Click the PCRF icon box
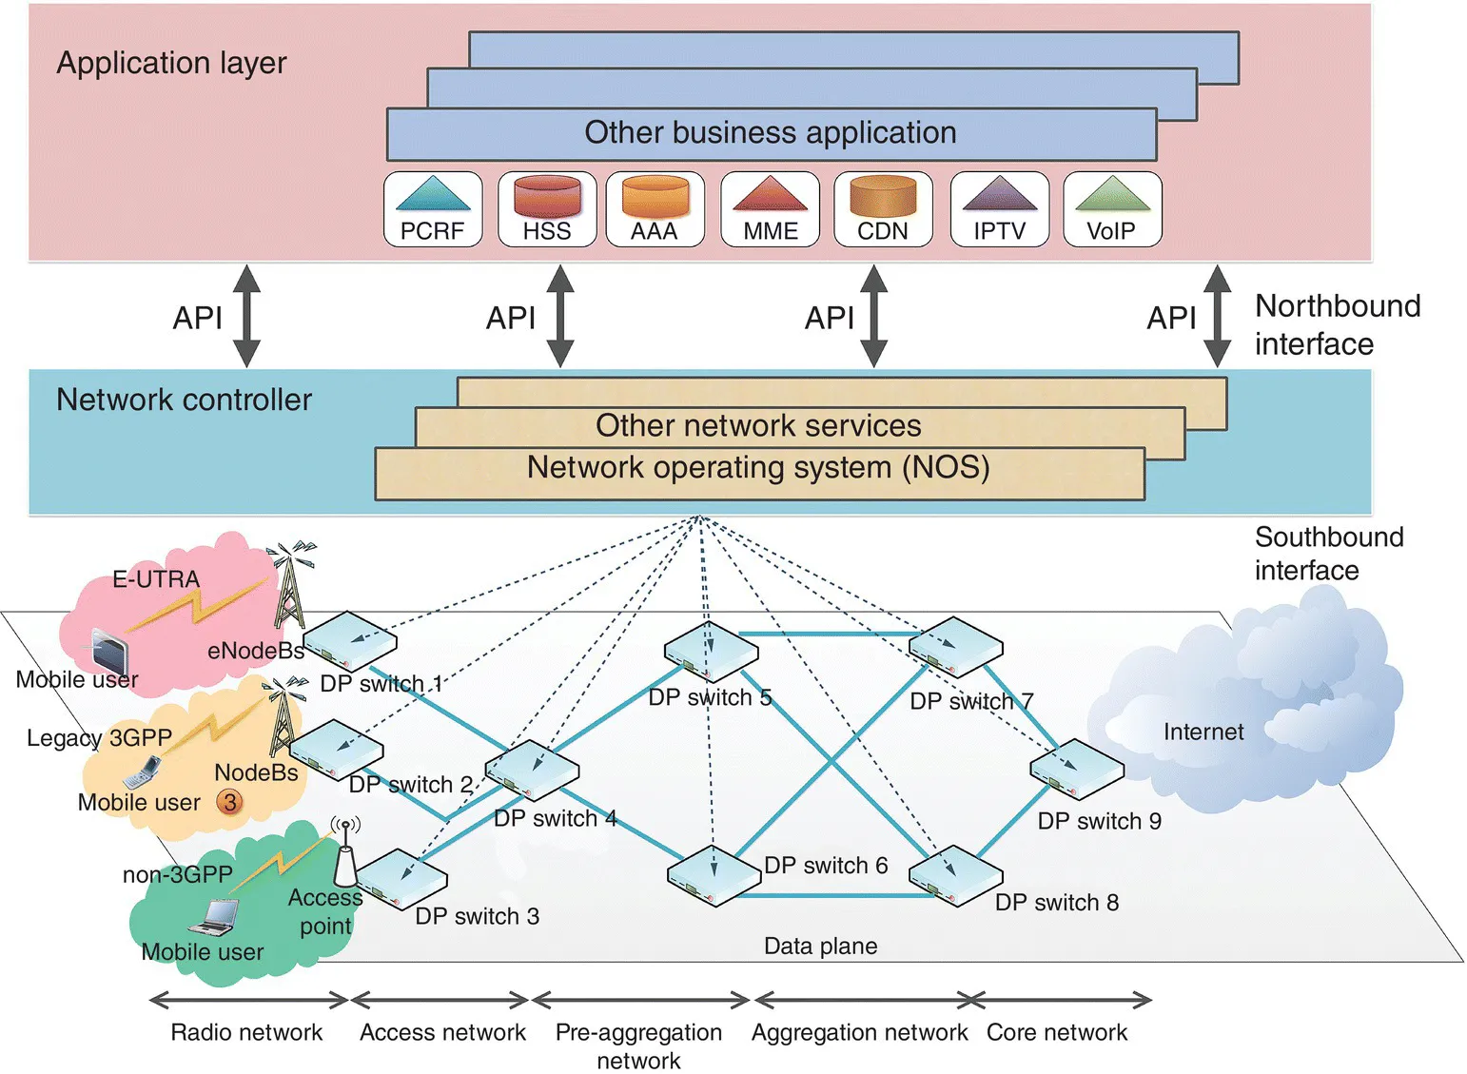433,209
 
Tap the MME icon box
771,209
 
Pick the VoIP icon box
1112,209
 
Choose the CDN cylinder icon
883,195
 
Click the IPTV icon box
999,209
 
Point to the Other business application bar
771,133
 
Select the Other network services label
758,425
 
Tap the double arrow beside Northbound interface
1217,317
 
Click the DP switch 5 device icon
711,653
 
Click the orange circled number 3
229,802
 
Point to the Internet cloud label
1203,732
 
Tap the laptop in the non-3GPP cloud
213,917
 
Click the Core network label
1056,1032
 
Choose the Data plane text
820,946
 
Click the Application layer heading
171,63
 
